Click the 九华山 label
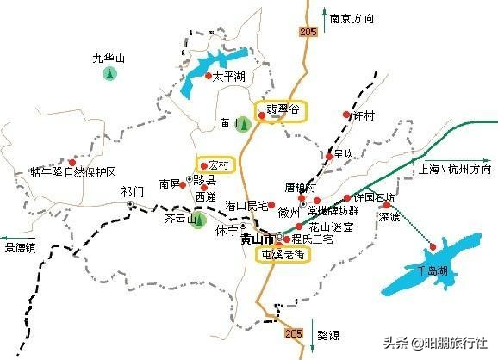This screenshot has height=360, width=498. pyautogui.click(x=109, y=59)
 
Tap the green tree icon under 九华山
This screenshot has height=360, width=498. pyautogui.click(x=109, y=74)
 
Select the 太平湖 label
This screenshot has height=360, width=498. pyautogui.click(x=227, y=77)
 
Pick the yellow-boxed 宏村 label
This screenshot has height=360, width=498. pyautogui.click(x=215, y=164)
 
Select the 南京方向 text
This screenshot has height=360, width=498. pyautogui.click(x=353, y=16)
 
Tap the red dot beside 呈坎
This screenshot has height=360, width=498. pyautogui.click(x=329, y=158)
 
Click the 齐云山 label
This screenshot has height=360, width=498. pyautogui.click(x=176, y=220)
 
